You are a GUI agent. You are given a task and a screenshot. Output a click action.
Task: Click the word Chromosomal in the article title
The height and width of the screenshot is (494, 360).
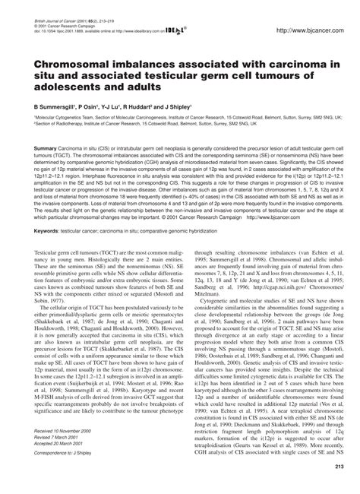click(72, 69)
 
